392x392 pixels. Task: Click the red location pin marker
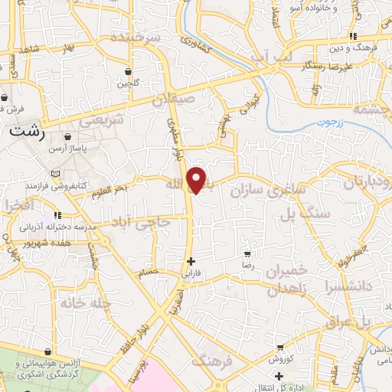(198, 179)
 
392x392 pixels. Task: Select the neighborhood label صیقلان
(195, 99)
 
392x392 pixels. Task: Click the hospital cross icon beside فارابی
(191, 260)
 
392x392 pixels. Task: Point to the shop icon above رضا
(247, 253)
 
